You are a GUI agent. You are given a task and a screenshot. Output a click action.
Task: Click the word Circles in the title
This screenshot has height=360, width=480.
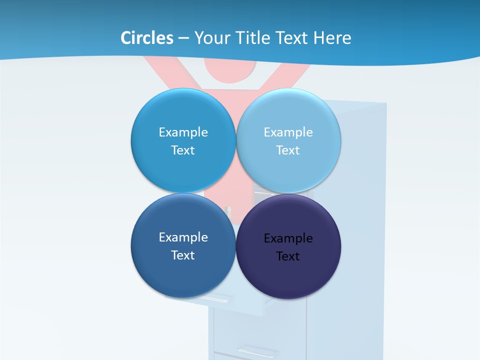click(x=147, y=38)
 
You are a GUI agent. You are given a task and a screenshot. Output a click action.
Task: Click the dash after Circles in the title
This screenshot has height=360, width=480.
click(x=183, y=38)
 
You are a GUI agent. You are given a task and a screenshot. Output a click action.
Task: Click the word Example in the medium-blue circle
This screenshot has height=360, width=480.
click(x=183, y=132)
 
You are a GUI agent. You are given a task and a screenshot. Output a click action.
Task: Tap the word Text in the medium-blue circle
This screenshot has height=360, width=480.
click(x=183, y=150)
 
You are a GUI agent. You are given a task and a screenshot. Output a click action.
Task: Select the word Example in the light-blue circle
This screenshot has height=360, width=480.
click(x=288, y=132)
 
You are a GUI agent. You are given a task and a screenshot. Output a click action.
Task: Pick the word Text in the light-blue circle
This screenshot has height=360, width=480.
click(x=288, y=150)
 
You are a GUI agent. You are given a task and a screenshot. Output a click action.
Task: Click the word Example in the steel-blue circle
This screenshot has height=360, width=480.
click(x=183, y=237)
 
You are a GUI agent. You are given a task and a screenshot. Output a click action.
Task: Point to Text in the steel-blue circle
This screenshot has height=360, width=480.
click(x=183, y=255)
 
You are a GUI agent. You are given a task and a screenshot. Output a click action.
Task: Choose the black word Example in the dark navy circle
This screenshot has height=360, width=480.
click(x=288, y=238)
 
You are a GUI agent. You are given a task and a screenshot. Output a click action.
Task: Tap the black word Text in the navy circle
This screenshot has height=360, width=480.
click(x=288, y=256)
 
